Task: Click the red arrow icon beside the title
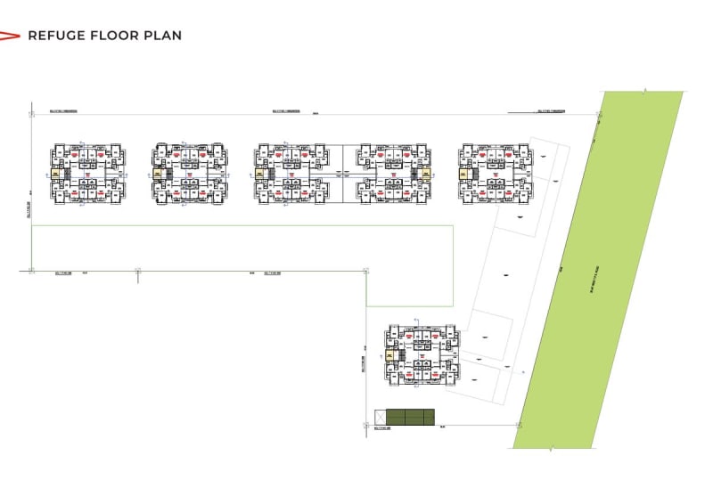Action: click(x=10, y=36)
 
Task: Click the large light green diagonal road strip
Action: click(x=600, y=267)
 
